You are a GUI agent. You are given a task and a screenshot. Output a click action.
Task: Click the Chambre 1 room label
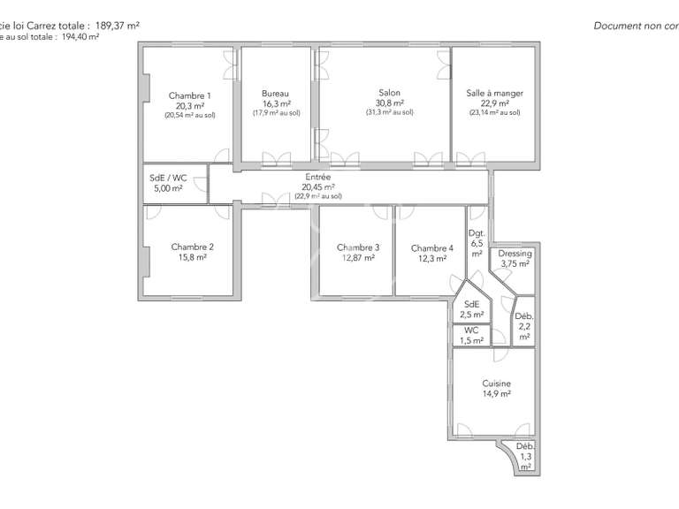189,95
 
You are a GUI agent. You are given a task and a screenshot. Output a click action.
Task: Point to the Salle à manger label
494,93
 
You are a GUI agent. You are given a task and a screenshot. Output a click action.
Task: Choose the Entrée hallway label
318,177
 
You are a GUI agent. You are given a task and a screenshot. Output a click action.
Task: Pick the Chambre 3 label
358,247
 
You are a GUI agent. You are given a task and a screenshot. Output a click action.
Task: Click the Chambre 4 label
431,248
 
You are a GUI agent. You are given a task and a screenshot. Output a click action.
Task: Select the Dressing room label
515,254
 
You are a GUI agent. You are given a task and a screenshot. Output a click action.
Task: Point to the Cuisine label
496,384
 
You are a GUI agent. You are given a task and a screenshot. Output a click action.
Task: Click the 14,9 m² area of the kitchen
496,394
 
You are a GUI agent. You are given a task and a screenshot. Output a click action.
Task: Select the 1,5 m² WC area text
472,340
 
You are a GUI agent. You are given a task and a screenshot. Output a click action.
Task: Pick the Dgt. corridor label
477,234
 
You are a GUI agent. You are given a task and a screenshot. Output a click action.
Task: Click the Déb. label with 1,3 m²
525,447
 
